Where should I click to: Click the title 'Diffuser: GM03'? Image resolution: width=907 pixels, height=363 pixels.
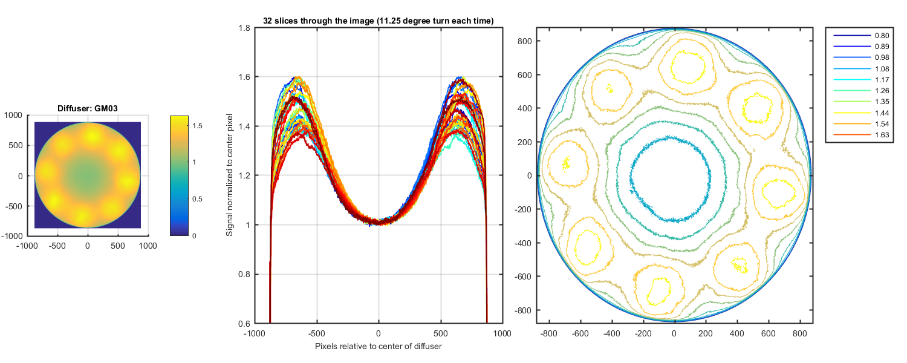tap(87, 108)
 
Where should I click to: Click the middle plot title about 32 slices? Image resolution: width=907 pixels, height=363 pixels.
tap(379, 21)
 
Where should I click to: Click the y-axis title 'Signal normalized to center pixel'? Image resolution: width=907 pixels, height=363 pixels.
tap(230, 175)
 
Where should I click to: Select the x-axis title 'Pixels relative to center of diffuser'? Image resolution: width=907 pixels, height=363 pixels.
tap(379, 347)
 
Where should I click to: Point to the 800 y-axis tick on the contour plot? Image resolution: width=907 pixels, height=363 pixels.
tap(524, 41)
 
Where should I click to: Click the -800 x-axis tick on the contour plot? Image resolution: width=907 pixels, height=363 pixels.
tap(548, 333)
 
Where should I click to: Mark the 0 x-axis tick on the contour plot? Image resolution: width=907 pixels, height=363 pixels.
tap(674, 333)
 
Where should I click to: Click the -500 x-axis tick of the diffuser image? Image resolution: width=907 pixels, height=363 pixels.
tap(57, 246)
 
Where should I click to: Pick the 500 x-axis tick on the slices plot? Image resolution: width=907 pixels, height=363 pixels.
tap(440, 333)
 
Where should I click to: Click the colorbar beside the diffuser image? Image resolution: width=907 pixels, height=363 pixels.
tap(180, 175)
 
